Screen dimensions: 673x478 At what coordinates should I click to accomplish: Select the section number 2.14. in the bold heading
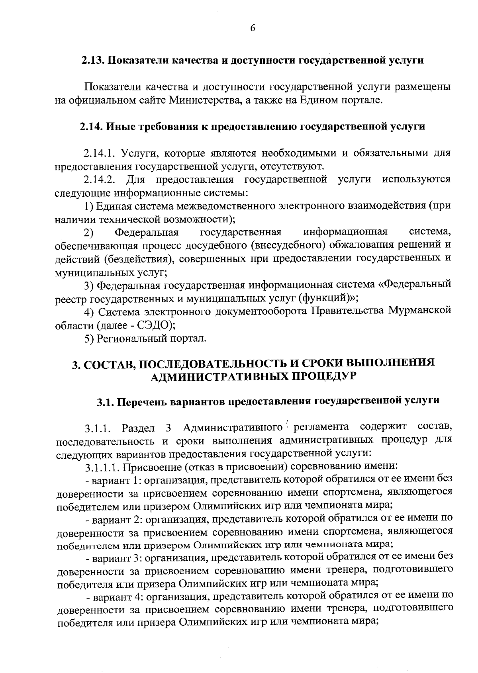(x=92, y=127)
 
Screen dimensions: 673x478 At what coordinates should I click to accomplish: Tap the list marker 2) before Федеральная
(x=88, y=232)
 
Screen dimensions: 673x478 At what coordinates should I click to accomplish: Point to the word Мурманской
(x=420, y=310)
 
